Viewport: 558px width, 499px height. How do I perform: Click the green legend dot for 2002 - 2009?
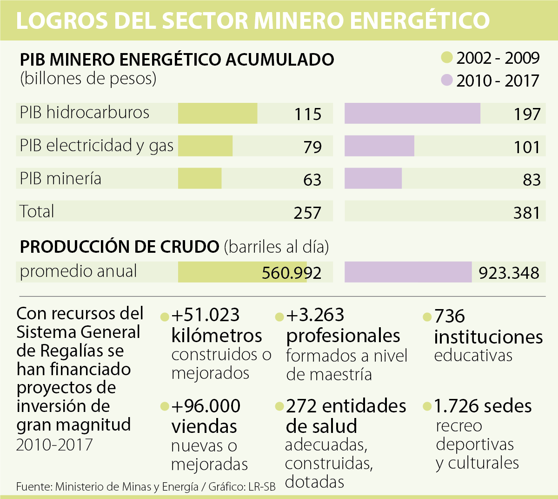click(x=447, y=58)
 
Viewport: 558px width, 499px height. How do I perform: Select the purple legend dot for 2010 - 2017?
click(x=447, y=81)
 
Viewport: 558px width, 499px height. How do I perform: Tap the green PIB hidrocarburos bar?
click(x=218, y=113)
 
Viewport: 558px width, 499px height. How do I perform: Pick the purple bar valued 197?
click(x=412, y=113)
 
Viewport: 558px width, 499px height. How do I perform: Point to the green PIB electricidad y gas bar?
click(x=205, y=146)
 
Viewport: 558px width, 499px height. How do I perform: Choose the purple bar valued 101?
click(x=379, y=146)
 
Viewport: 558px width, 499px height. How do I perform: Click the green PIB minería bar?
click(x=200, y=179)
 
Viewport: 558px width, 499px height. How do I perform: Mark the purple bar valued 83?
click(x=373, y=179)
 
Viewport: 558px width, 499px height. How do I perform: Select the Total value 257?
click(x=307, y=213)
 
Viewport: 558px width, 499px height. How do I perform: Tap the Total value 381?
click(x=527, y=213)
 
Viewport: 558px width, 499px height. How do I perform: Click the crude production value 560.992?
click(x=292, y=273)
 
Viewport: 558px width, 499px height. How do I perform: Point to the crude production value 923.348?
click(x=509, y=273)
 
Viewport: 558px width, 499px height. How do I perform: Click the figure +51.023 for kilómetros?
click(x=205, y=315)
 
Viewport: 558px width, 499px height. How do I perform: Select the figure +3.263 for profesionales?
click(x=315, y=315)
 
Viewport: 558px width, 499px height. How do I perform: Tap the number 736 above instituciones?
click(x=450, y=316)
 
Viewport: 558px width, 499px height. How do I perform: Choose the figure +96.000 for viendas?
click(x=206, y=406)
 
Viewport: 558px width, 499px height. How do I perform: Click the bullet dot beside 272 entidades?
click(x=279, y=407)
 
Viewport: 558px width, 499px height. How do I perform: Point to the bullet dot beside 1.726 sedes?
click(x=427, y=407)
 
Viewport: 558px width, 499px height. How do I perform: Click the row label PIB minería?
click(x=60, y=179)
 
